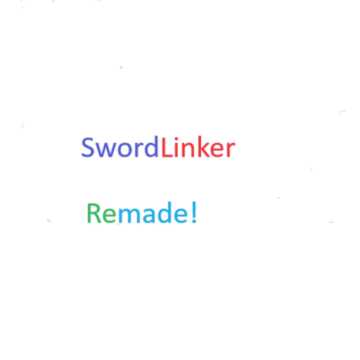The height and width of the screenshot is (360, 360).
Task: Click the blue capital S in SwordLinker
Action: [87, 147]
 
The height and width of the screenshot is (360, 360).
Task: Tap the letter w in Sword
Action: [105, 150]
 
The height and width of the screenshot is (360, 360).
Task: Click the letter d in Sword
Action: [151, 146]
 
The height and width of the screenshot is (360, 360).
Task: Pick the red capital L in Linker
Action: [167, 147]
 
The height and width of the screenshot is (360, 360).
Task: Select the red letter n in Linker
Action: [188, 149]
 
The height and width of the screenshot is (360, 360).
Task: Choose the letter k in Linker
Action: [204, 146]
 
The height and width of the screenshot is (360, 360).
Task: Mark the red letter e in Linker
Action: [217, 150]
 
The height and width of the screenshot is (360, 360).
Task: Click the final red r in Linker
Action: [231, 149]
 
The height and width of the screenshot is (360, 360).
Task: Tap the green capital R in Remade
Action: [94, 213]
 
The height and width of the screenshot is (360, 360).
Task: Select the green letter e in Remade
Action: [109, 215]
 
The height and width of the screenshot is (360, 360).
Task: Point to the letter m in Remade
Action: [129, 215]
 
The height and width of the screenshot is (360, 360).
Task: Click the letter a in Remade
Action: [149, 215]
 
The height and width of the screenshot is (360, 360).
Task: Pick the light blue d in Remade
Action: [165, 212]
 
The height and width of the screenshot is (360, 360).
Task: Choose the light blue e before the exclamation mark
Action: [181, 215]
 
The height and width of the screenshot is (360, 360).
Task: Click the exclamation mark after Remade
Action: [194, 212]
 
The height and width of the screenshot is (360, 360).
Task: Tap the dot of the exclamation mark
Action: [194, 221]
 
